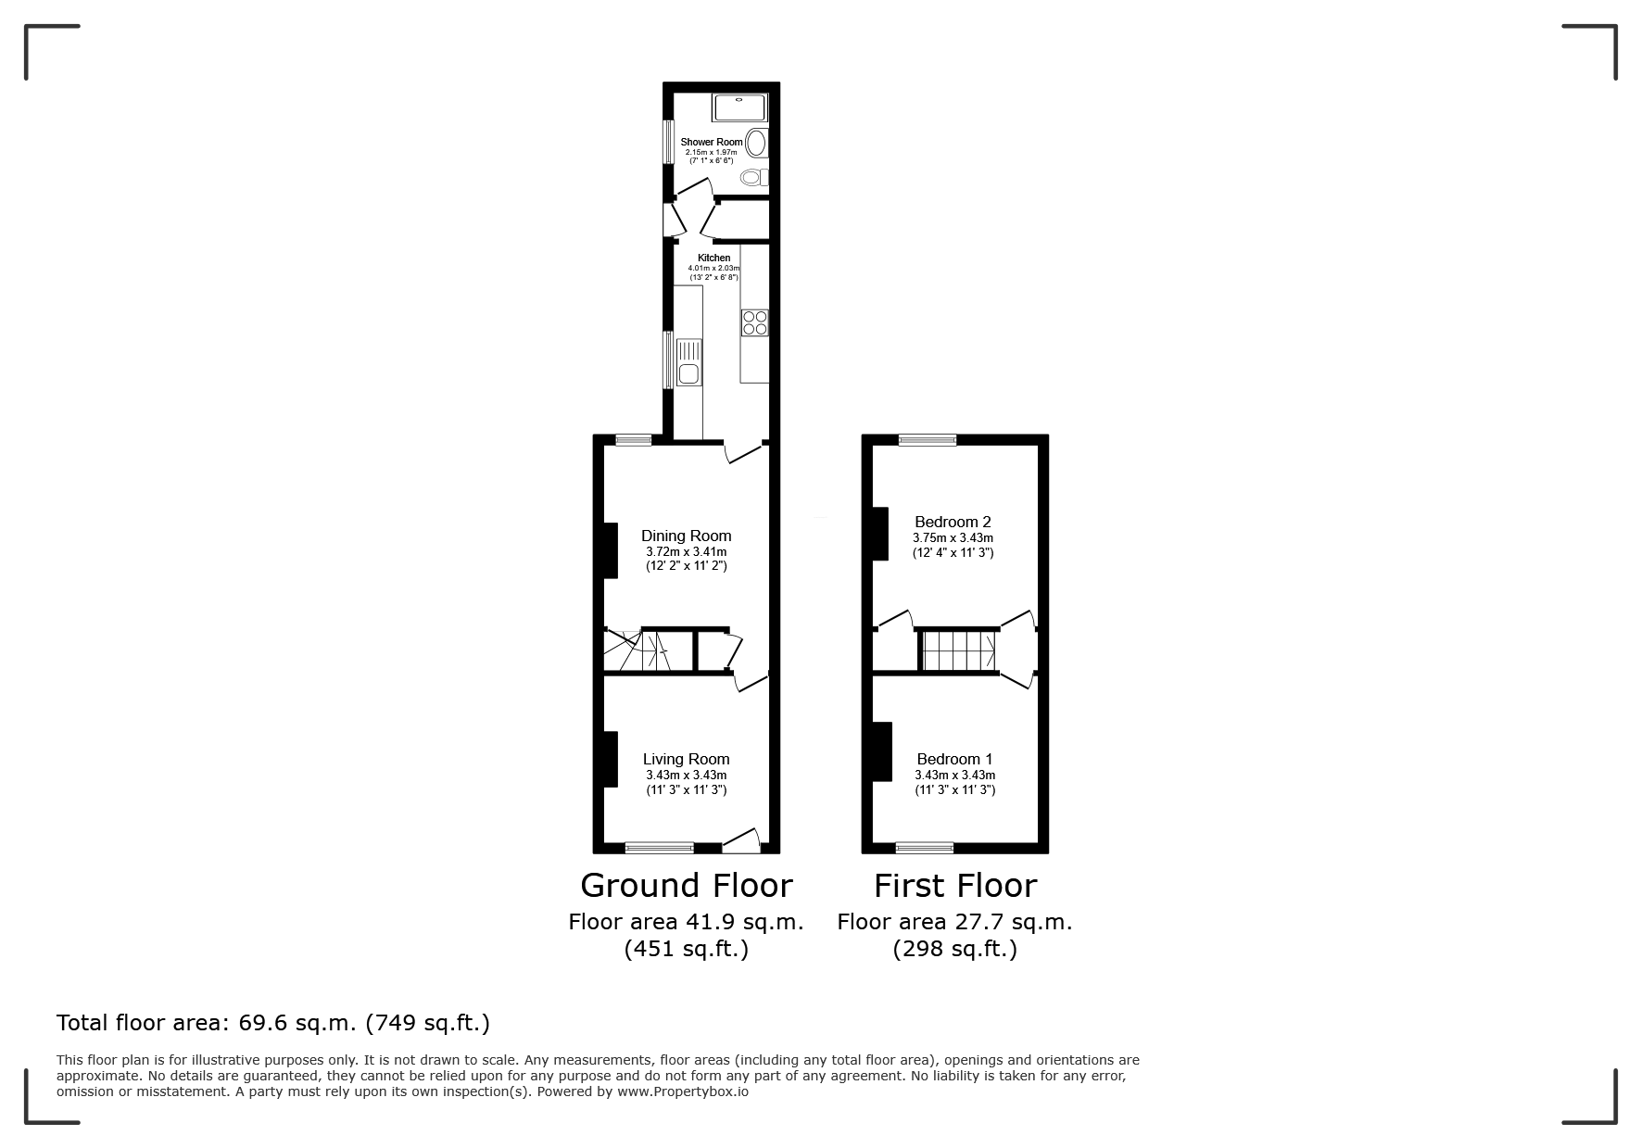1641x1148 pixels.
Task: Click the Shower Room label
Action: pos(712,142)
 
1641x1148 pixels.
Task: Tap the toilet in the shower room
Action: pos(754,177)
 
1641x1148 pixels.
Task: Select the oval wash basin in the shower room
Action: pos(757,144)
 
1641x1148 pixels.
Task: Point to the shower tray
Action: pos(739,107)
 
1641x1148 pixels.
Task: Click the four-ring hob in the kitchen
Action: pos(755,322)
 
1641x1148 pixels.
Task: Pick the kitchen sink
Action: pos(688,362)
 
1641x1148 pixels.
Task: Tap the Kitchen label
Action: pos(713,258)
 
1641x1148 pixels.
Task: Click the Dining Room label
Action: pos(687,536)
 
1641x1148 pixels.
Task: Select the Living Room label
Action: pos(687,759)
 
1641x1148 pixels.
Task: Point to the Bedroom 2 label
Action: pos(953,522)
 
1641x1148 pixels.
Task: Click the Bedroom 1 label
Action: pos(954,759)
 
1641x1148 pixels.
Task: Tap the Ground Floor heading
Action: pos(687,886)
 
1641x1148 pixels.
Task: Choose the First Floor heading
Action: pos(955,886)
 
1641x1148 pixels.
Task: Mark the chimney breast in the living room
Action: pos(611,760)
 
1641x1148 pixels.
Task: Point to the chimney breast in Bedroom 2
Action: pos(880,534)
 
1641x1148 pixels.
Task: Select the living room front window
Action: pos(659,847)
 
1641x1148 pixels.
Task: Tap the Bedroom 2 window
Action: pos(928,440)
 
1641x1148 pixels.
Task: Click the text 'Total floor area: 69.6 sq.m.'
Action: pos(207,1023)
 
